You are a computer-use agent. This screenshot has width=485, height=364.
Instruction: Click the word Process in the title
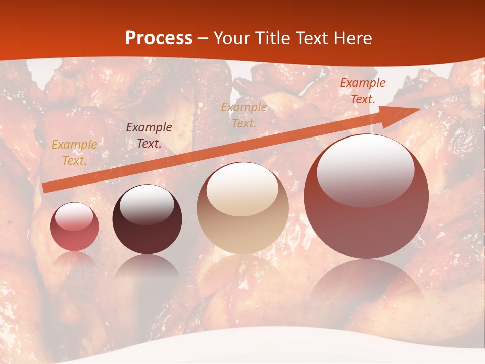click(x=159, y=38)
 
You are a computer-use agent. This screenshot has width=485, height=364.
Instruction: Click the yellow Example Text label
click(x=74, y=153)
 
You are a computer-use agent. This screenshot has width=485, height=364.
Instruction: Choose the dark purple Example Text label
click(x=149, y=135)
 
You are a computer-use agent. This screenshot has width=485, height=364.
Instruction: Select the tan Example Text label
click(x=244, y=115)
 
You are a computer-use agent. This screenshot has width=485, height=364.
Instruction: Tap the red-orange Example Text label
click(x=362, y=91)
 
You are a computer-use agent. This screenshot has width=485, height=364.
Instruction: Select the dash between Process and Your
click(x=203, y=38)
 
